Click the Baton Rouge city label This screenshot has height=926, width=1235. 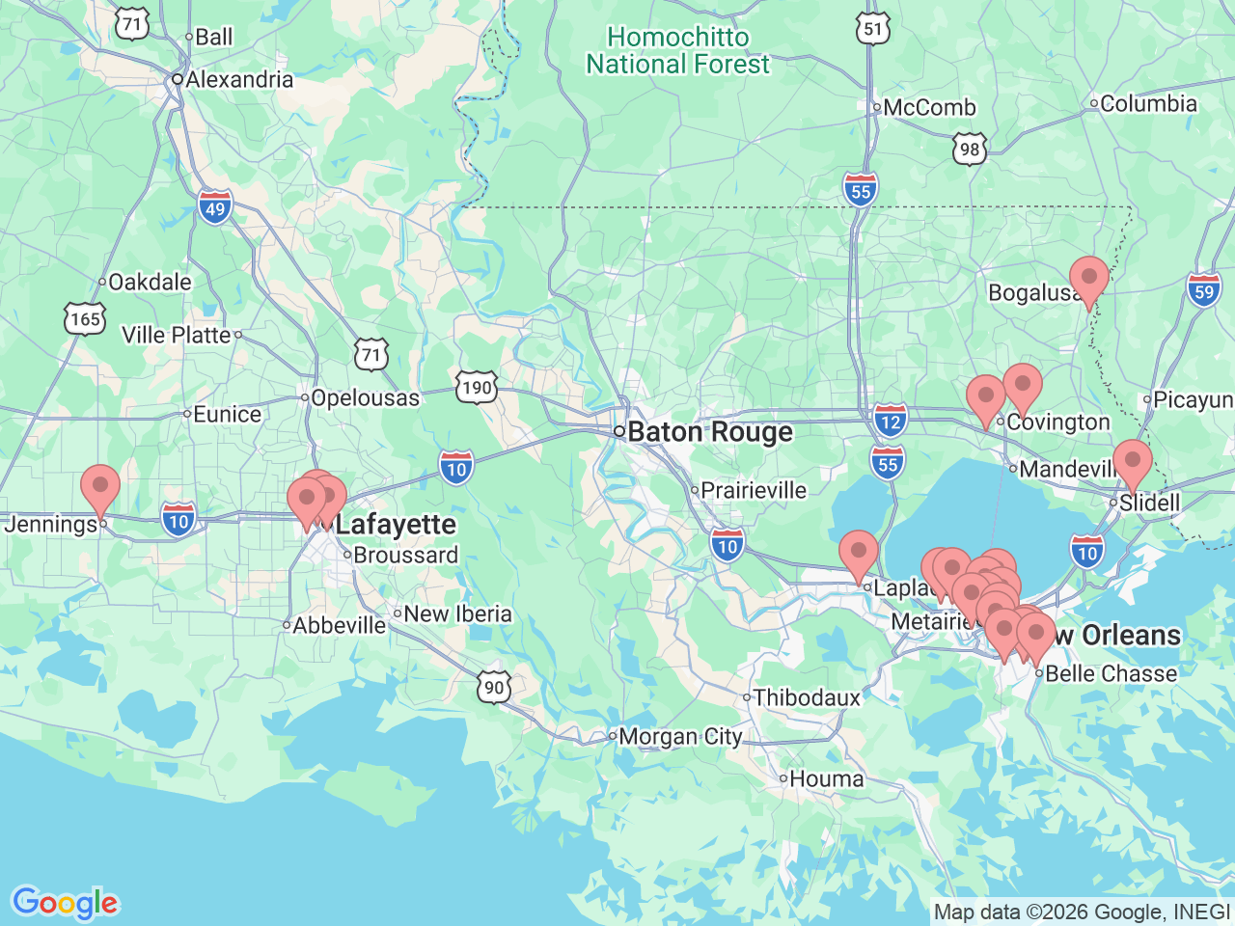(x=710, y=432)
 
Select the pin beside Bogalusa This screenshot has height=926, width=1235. (x=1089, y=281)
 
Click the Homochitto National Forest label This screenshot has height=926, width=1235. (x=678, y=51)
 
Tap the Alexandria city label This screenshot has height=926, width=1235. (x=238, y=79)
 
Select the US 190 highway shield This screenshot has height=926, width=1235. (x=477, y=388)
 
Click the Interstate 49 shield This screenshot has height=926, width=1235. (x=215, y=208)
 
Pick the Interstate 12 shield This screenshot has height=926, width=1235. (x=891, y=421)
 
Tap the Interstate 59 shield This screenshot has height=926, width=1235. (x=1204, y=291)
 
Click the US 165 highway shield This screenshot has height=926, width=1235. (x=85, y=318)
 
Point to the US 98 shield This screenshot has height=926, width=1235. (x=970, y=149)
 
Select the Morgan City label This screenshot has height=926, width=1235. (x=680, y=737)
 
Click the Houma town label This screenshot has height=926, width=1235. (x=827, y=778)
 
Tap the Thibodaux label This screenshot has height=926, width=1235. (x=807, y=696)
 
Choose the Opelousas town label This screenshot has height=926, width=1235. (x=365, y=397)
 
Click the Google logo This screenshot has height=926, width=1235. (x=65, y=903)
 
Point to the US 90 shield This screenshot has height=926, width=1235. (x=494, y=687)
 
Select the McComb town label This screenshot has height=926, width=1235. (x=929, y=108)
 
